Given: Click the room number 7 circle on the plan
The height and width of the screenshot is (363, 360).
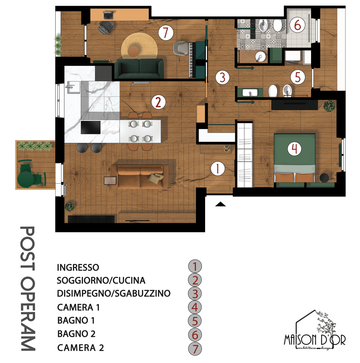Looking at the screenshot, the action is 166,33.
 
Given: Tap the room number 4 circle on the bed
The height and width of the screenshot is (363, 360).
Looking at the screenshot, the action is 294,149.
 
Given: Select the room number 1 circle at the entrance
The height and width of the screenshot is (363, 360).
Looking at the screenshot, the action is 218,168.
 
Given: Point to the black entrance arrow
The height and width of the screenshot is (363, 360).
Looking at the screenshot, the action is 220,204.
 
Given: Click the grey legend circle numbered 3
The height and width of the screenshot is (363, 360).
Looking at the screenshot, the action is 195,294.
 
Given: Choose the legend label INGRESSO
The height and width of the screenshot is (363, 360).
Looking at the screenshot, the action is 78,267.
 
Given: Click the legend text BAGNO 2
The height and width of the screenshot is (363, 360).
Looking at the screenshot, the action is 76,334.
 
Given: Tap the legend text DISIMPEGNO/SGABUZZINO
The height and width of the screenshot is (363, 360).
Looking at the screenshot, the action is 114,293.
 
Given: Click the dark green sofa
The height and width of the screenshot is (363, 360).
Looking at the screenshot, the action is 139,69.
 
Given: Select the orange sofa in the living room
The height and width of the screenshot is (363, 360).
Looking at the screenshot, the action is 140,176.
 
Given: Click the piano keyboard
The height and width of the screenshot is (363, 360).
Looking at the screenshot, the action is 191,60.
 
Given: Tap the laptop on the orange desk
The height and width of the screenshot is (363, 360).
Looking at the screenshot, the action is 108,15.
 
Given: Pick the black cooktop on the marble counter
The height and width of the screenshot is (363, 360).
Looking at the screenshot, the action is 91,127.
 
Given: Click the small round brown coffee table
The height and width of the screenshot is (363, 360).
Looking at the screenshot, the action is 134,51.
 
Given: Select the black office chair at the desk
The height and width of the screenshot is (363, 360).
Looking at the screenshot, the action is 106,27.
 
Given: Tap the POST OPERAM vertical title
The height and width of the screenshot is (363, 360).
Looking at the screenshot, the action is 28,289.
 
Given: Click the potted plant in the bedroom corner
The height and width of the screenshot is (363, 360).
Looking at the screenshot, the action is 329,106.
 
